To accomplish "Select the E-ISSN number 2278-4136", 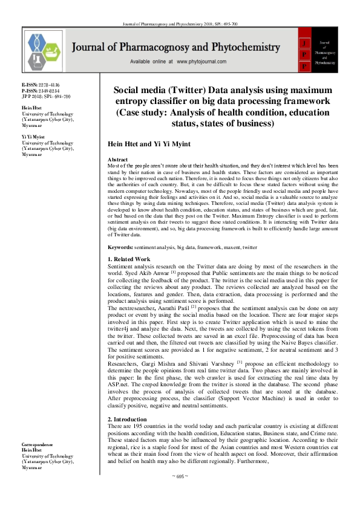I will [x=48, y=85].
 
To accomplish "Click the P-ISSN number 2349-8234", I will [x=48, y=91].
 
